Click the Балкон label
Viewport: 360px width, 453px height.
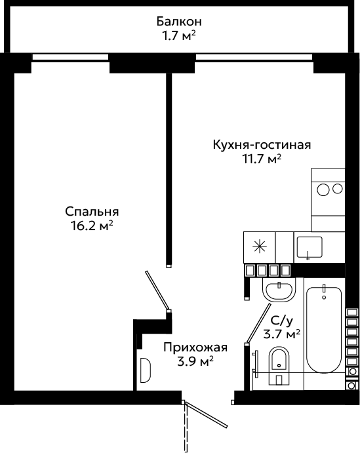tap(179, 22)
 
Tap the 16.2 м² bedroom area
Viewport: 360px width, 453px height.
tap(92, 226)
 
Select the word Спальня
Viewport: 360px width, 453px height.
tap(92, 212)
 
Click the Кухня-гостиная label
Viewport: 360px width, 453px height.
tap(262, 144)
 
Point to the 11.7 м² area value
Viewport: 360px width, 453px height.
tap(262, 159)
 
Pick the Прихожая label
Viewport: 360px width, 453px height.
tap(195, 347)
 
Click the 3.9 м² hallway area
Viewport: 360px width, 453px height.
tap(195, 361)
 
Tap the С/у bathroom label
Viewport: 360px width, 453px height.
tap(282, 321)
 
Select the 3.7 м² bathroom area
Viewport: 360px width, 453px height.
tap(282, 334)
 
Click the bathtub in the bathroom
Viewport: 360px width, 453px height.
tap(324, 329)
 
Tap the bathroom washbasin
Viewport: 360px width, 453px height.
tap(279, 290)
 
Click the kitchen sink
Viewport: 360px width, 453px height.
tap(310, 247)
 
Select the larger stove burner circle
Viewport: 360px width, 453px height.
tap(323, 190)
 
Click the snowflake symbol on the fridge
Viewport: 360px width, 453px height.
tap(260, 247)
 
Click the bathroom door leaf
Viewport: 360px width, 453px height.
tap(258, 323)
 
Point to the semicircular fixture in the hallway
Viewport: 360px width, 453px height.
tap(146, 370)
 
